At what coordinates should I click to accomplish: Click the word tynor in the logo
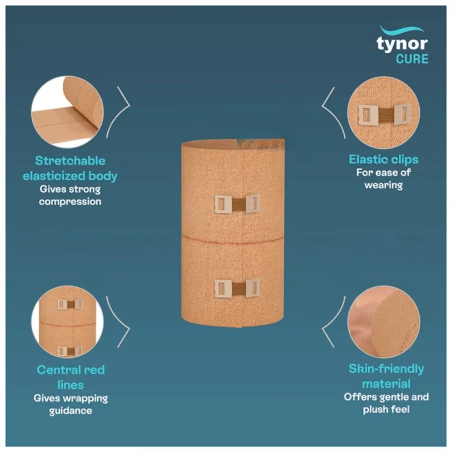[402, 44]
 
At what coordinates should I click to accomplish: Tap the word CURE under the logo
[412, 59]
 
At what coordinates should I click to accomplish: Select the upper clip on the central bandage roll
[237, 204]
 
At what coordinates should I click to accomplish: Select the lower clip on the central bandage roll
[237, 288]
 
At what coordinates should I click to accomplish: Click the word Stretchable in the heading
[70, 161]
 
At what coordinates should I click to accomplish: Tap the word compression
[70, 202]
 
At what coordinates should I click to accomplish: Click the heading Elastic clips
[384, 159]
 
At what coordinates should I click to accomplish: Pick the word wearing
[384, 185]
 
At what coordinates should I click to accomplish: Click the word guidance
[70, 411]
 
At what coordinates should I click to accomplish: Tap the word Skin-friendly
[386, 369]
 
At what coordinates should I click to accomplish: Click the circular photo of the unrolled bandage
[67, 112]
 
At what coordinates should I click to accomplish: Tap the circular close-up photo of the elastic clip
[384, 112]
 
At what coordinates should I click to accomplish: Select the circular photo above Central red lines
[67, 322]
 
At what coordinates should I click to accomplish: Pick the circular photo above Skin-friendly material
[384, 322]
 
